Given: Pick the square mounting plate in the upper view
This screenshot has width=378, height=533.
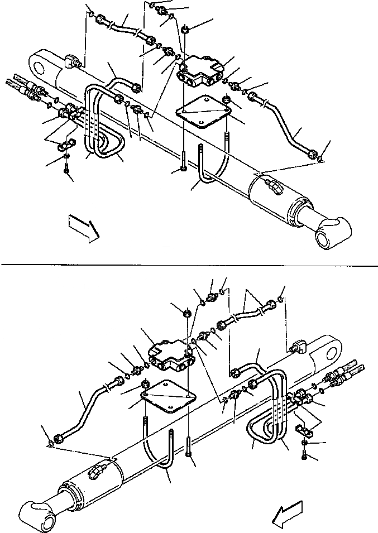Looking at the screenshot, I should click(203, 113).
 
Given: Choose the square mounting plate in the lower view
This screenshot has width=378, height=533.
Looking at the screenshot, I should click(168, 398).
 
